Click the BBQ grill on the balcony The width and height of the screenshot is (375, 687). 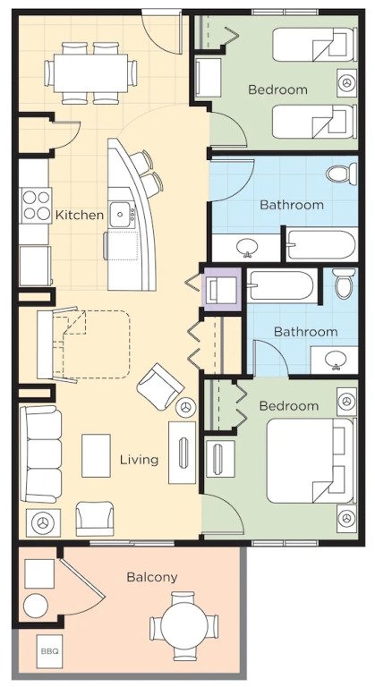tap(48, 651)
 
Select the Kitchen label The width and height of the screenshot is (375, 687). tap(80, 215)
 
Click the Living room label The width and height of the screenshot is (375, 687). tap(139, 460)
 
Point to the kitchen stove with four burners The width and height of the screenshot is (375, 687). tap(37, 206)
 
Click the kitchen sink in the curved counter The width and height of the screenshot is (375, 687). tap(120, 215)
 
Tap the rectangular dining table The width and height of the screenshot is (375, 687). tap(90, 72)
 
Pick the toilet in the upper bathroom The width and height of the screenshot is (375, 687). tap(343, 174)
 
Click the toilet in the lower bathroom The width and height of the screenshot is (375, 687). tap(345, 283)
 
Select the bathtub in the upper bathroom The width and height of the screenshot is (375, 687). tap(321, 244)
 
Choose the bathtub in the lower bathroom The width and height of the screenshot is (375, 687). tap(281, 285)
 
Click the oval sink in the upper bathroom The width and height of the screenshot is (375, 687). tap(245, 248)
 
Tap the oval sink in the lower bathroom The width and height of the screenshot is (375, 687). tap(336, 360)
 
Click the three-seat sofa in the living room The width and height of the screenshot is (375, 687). tap(41, 454)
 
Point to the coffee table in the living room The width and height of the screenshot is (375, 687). tap(96, 455)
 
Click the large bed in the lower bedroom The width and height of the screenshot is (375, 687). tap(311, 461)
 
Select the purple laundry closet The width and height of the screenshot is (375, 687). tap(221, 289)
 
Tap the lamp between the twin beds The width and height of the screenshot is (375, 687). tap(347, 82)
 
